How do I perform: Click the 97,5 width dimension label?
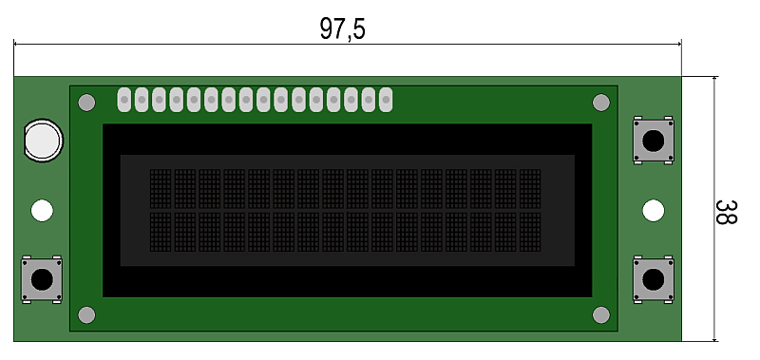[342, 28]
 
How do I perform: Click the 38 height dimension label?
[726, 212]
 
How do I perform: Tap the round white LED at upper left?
[43, 140]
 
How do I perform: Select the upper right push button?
[653, 141]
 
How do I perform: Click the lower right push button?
[653, 279]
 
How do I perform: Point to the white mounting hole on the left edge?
[42, 211]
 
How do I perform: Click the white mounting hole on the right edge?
[654, 211]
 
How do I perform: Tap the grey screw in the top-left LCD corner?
[86, 103]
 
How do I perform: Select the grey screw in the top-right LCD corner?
[601, 103]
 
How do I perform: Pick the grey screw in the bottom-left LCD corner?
[86, 315]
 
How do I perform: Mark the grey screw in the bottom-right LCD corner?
[601, 315]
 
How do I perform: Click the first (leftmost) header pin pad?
[124, 100]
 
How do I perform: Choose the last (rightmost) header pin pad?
[386, 100]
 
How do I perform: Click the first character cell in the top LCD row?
[161, 189]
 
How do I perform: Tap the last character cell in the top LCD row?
[530, 189]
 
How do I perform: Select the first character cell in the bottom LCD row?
[161, 232]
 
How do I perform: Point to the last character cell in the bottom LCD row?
[530, 232]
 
